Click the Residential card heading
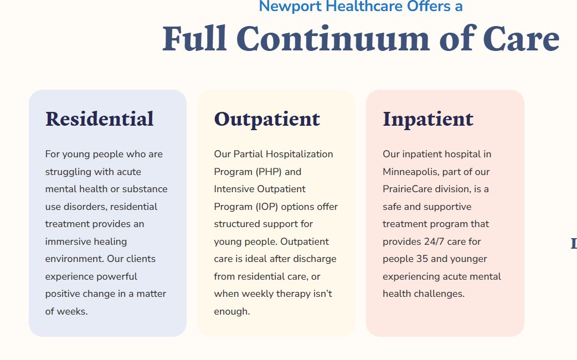point(99,119)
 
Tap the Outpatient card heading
point(267,120)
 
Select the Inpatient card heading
point(428,120)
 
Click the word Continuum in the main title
point(333,39)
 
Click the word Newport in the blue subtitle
point(290,6)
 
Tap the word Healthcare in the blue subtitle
point(364,6)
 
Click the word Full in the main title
point(195,39)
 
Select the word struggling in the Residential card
point(68,172)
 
